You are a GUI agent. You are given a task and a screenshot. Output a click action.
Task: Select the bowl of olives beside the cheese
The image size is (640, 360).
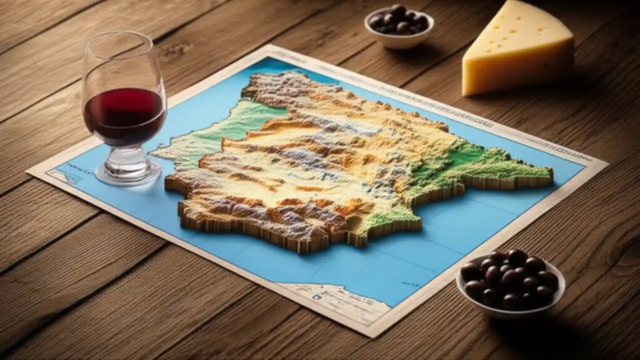pyautogui.click(x=399, y=27)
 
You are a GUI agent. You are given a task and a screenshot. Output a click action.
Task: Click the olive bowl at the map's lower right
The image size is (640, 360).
pyautogui.click(x=510, y=282)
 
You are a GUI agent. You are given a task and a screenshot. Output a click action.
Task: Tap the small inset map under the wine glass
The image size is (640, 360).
pyautogui.click(x=63, y=176)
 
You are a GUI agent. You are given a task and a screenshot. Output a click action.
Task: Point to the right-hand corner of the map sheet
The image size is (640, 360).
pyautogui.click(x=606, y=162)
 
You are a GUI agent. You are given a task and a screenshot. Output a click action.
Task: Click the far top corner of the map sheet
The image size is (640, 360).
pyautogui.click(x=270, y=45)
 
